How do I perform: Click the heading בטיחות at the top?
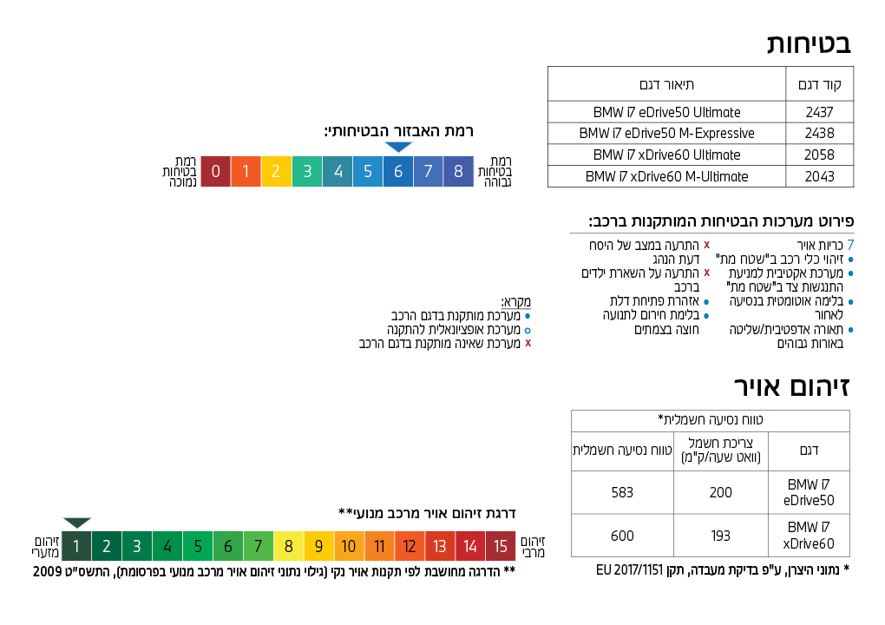coord(809,43)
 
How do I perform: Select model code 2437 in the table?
coord(819,112)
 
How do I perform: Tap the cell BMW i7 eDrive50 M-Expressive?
coord(666,134)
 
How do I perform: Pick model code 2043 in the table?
coord(819,176)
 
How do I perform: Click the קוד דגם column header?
coord(819,84)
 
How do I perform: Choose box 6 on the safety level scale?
coord(397,171)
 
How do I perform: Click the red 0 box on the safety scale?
coord(215,171)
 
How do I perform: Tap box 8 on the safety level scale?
coord(458,171)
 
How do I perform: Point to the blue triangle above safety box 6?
coord(397,147)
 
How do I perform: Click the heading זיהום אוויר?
coord(791,387)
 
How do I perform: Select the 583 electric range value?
coord(622,492)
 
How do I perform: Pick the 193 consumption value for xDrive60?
coord(721,536)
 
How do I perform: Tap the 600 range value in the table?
coord(622,536)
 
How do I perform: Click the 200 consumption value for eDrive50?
coord(721,492)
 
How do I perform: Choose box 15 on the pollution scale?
coord(501,546)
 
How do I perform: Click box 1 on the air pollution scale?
coord(76,546)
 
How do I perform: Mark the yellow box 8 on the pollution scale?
coord(288,546)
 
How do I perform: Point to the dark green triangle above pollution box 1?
coord(76,523)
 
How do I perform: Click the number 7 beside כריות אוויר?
coord(850,246)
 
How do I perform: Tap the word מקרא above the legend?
coord(515,302)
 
